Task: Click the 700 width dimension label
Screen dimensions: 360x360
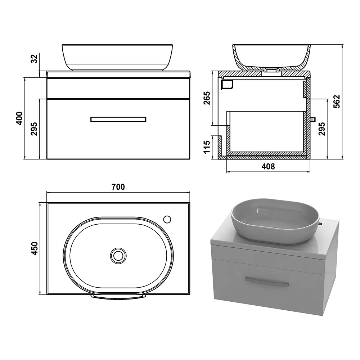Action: (118, 187)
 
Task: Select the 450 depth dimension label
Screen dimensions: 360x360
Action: (35, 248)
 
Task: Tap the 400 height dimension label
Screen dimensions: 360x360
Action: (19, 118)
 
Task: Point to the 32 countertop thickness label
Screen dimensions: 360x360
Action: (34, 59)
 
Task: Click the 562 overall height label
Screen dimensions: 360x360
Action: (337, 102)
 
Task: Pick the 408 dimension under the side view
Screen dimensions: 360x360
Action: (268, 166)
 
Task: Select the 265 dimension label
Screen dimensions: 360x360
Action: (207, 98)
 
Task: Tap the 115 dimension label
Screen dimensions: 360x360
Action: (207, 147)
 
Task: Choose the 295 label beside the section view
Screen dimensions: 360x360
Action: (322, 129)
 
